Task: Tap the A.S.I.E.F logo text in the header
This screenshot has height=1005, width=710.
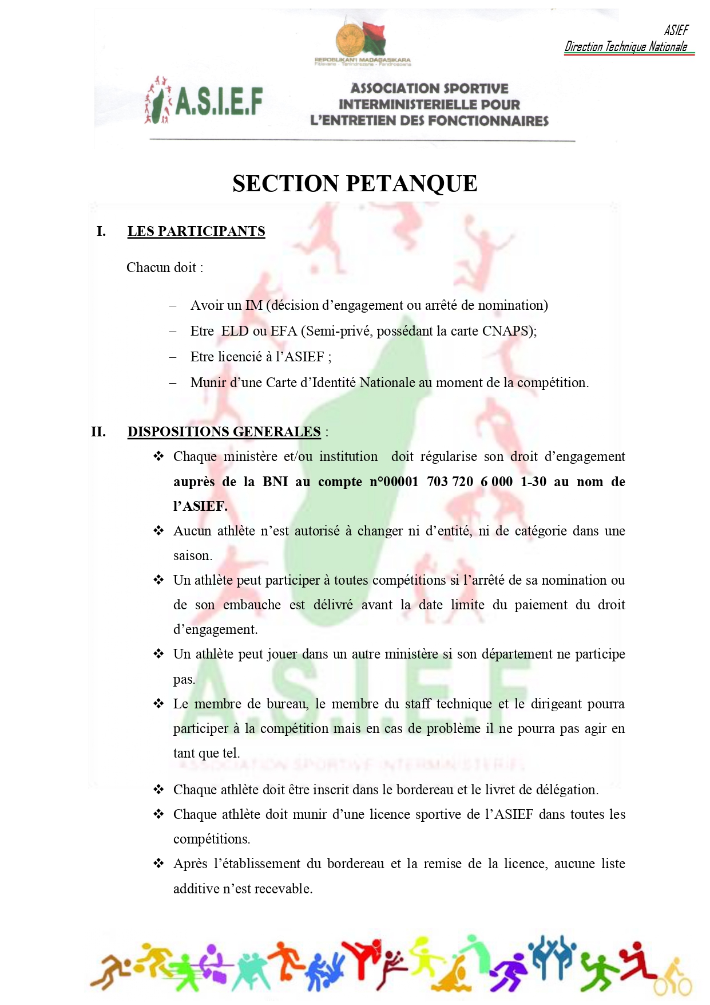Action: (x=219, y=102)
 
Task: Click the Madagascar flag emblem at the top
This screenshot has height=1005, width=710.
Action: (x=361, y=37)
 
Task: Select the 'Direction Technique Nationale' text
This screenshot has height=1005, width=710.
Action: (x=626, y=47)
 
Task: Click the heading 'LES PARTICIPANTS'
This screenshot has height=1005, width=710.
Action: (x=196, y=231)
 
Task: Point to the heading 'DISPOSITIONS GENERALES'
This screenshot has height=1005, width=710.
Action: (x=224, y=432)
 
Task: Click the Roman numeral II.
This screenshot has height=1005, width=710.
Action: (x=98, y=432)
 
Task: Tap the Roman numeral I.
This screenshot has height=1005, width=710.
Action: (x=101, y=231)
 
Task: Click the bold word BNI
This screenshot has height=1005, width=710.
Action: (x=275, y=482)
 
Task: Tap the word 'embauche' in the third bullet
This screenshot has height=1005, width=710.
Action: (x=252, y=605)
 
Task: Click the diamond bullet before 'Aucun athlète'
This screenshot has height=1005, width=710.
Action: (x=158, y=531)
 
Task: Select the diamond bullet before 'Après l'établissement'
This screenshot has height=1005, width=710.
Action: (x=158, y=864)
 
